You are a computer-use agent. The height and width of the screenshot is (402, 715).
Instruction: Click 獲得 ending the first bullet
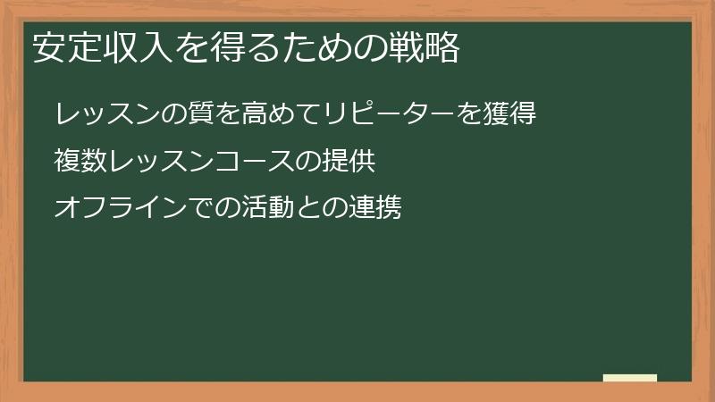(510, 114)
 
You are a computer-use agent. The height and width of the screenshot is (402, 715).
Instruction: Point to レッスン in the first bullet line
(106, 114)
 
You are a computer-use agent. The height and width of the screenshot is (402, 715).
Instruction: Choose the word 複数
(80, 162)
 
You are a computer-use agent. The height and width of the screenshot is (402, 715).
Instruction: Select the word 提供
(348, 162)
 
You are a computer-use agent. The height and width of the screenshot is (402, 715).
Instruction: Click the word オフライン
(120, 208)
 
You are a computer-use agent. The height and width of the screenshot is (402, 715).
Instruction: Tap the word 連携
(375, 208)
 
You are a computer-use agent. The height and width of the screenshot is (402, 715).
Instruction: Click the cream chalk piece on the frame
(629, 378)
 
